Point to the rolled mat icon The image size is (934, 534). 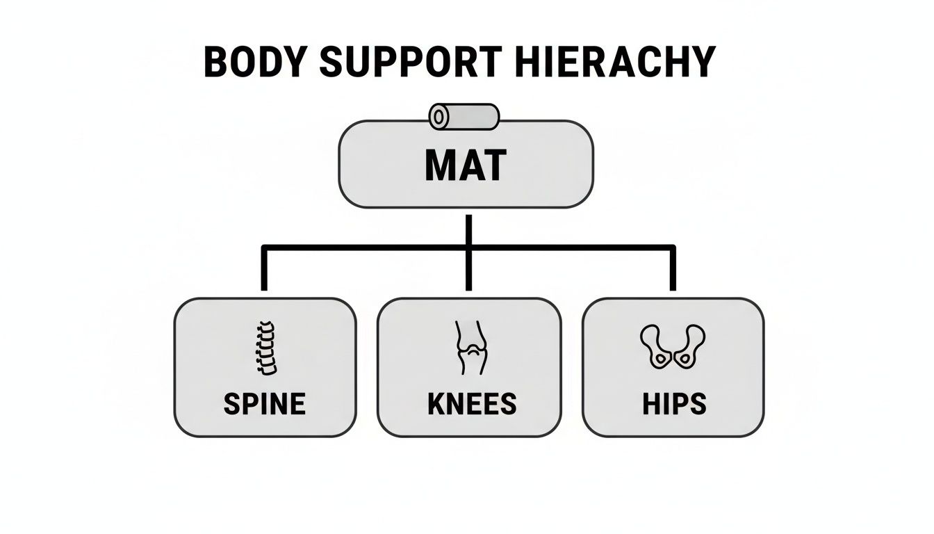click(464, 117)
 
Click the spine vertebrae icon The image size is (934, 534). click(265, 348)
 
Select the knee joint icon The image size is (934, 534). click(472, 348)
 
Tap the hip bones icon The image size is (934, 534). click(672, 346)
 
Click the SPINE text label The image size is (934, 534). click(265, 403)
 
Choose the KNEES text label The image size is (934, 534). click(472, 403)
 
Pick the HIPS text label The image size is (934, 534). click(673, 403)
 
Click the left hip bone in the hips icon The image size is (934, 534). click(655, 347)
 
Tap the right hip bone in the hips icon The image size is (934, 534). click(689, 347)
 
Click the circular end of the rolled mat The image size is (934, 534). click(439, 117)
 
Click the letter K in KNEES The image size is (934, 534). click(436, 403)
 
